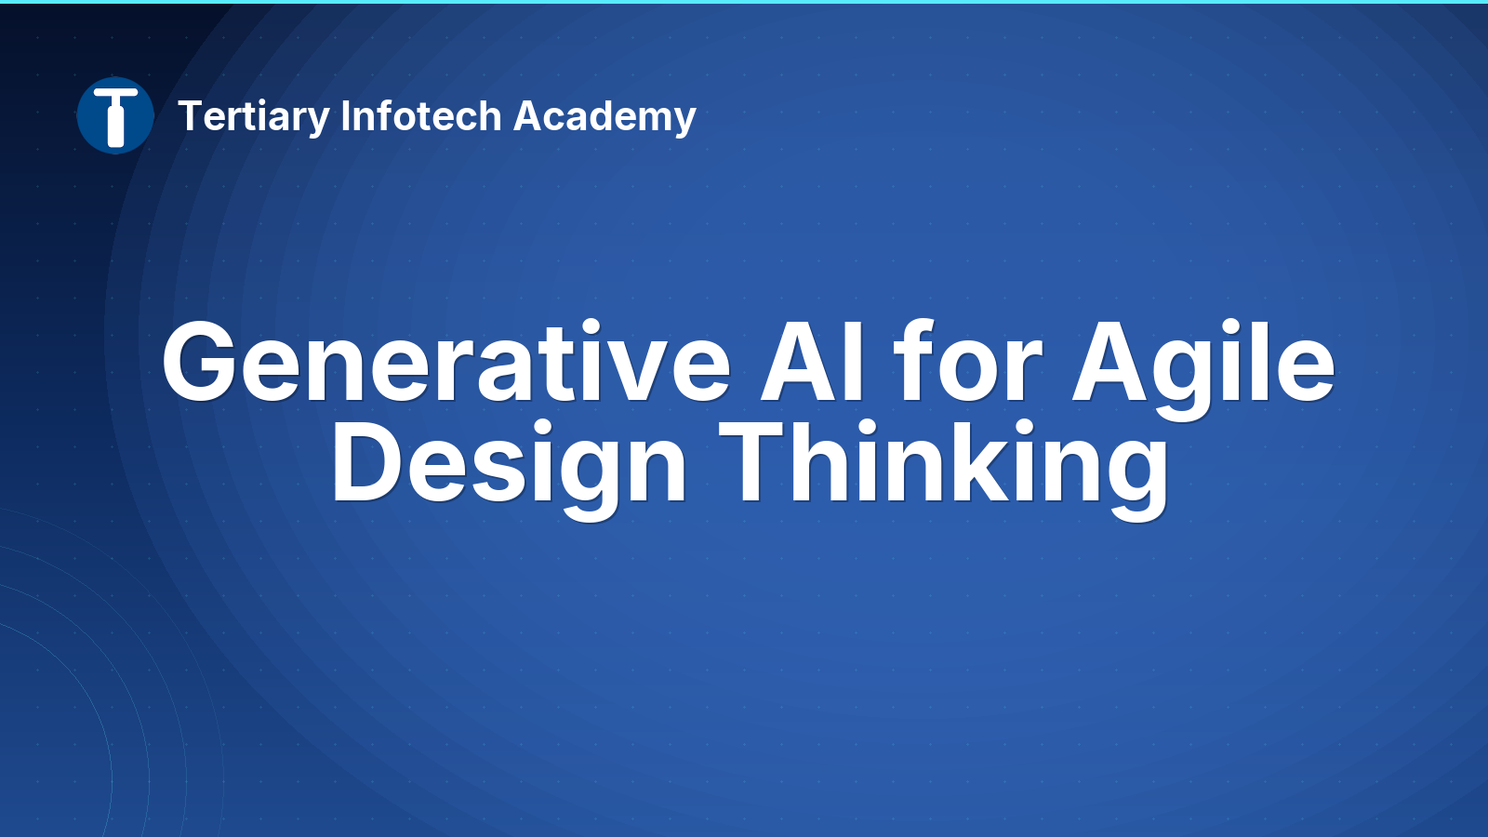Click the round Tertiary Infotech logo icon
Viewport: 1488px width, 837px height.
coord(115,115)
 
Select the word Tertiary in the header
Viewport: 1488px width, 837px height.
coord(254,117)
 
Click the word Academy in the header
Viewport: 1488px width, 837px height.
coord(604,117)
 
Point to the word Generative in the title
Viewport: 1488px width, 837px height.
coord(446,362)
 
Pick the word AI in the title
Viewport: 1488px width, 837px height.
coord(812,362)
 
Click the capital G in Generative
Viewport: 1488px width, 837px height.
coord(200,362)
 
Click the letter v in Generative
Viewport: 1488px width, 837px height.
coord(633,371)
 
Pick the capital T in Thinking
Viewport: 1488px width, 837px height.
coord(755,461)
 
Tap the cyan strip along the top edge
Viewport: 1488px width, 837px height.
coord(744,2)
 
